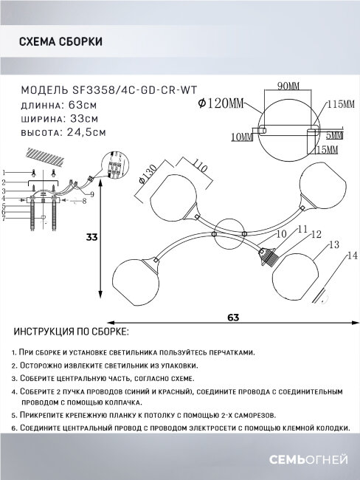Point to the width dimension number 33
coord(91,238)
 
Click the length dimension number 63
coord(233,318)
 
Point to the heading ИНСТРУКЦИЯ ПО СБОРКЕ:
coord(71,332)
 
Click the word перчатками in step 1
coord(229,354)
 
